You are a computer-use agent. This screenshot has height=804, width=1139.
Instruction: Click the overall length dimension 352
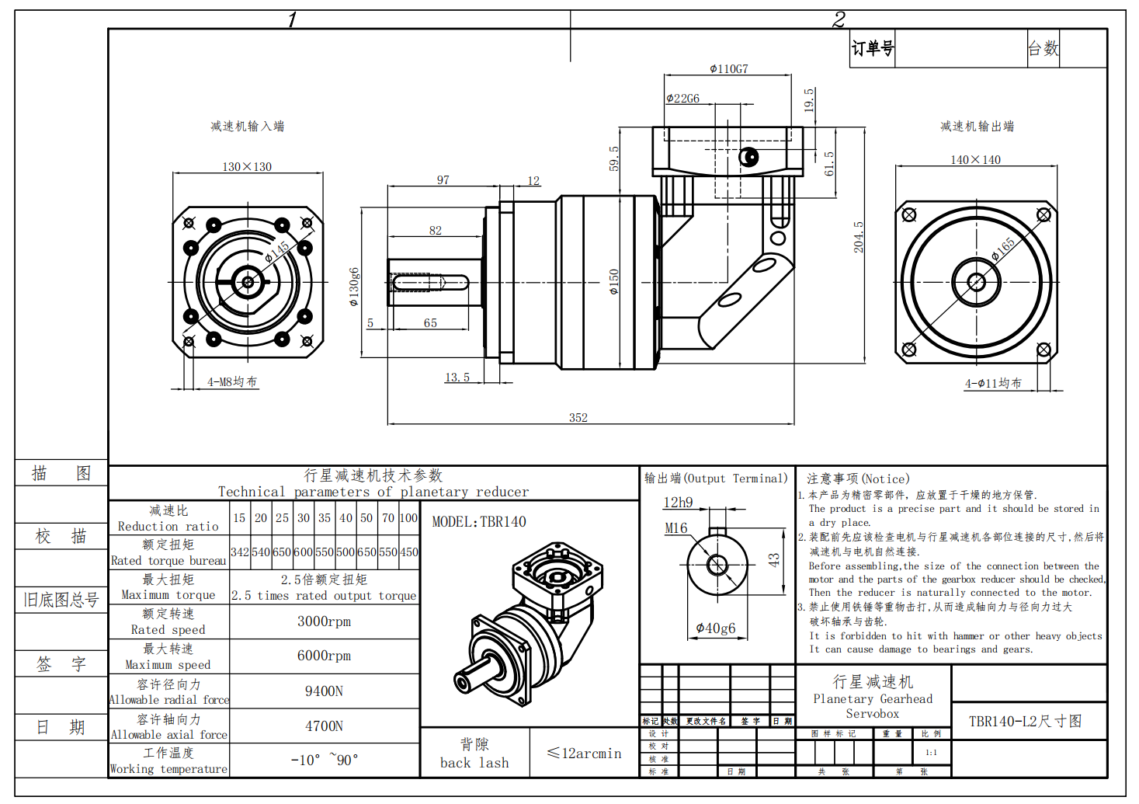pos(578,418)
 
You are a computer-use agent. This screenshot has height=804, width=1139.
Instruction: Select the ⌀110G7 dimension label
pos(728,69)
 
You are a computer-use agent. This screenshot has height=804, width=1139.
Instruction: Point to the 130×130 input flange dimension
pos(247,167)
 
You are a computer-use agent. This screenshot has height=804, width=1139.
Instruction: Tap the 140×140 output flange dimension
pos(975,160)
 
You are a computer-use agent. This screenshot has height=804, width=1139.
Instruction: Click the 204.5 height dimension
pos(859,237)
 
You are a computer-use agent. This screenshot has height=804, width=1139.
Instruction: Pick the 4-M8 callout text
pos(231,382)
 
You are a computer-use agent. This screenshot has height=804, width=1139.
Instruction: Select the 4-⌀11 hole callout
pos(993,384)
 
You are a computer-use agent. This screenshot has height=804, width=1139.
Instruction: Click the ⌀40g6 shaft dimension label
pos(715,628)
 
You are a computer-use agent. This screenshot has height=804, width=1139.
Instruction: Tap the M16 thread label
pos(676,528)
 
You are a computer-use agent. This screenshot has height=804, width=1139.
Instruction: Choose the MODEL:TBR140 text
pos(479,522)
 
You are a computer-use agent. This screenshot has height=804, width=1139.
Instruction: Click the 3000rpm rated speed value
pos(324,621)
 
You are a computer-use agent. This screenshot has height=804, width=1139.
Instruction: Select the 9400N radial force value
pos(324,691)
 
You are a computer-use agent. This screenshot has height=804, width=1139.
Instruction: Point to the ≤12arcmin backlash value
pos(584,754)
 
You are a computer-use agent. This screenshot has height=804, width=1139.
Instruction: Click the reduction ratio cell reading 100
pos(408,518)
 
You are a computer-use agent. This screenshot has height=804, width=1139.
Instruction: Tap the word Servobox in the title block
pos(872,714)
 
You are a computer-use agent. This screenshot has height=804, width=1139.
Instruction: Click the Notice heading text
pos(857,479)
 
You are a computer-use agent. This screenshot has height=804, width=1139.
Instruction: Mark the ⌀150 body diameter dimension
pos(614,281)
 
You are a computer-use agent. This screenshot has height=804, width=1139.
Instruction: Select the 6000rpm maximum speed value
pos(324,656)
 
